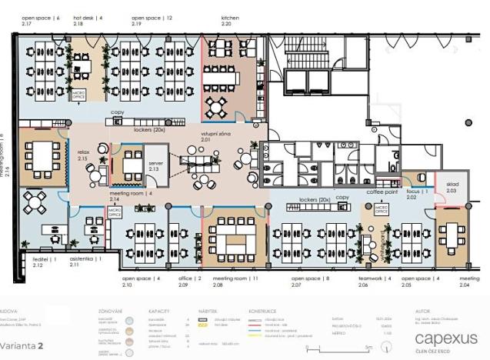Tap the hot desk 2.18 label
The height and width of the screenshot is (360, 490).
point(88,20)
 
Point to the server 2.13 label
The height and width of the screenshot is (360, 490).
point(134,165)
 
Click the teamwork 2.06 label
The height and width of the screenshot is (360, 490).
point(375,280)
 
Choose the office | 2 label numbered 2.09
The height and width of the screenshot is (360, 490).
point(188,280)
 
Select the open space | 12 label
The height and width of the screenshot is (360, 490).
point(152,20)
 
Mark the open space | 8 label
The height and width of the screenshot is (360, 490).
point(311,280)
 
